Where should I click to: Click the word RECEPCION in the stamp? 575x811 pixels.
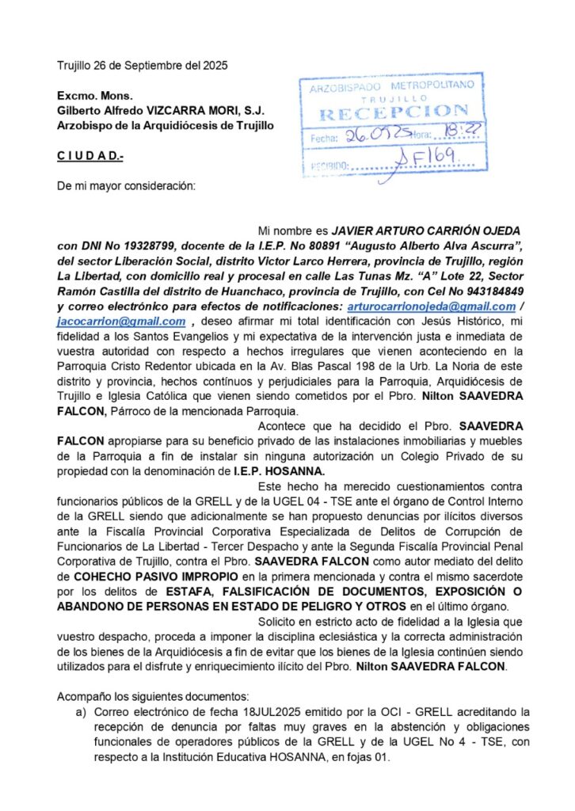393,112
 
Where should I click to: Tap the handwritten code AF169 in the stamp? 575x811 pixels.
428,162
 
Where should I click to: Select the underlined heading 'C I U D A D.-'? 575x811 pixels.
90,157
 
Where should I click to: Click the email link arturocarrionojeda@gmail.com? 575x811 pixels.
430,306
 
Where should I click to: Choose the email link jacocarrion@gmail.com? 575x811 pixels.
121,321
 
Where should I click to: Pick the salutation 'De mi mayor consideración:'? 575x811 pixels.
125,187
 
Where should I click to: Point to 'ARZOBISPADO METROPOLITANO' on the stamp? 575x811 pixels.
393,86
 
